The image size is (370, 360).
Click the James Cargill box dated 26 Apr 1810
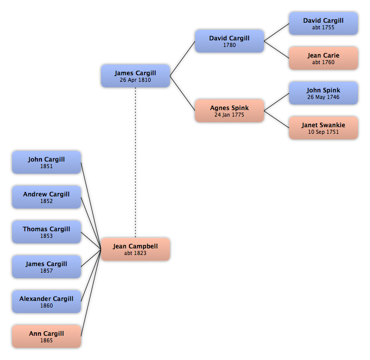(135, 76)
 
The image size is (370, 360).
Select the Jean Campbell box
(135, 249)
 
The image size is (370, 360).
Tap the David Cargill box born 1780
(229, 41)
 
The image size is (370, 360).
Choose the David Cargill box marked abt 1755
(323, 24)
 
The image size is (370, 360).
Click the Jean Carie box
(323, 58)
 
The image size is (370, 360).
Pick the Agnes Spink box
(229, 111)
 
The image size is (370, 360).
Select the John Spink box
(323, 93)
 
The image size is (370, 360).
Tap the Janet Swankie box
(323, 128)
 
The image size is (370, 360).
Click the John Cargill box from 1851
(47, 163)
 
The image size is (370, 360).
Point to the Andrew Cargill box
(47, 197)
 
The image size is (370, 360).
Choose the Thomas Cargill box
(47, 232)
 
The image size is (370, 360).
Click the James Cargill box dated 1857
(47, 267)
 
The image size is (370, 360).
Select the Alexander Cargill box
(47, 301)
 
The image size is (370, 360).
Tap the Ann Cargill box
(47, 336)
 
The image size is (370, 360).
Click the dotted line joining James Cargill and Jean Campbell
(135, 163)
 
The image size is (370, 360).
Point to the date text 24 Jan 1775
(229, 115)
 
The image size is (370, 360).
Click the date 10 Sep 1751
(323, 132)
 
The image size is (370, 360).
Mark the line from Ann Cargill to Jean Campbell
(91, 293)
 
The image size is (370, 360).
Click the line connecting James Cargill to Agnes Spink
(182, 93)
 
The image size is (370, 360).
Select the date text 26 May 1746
(323, 97)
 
